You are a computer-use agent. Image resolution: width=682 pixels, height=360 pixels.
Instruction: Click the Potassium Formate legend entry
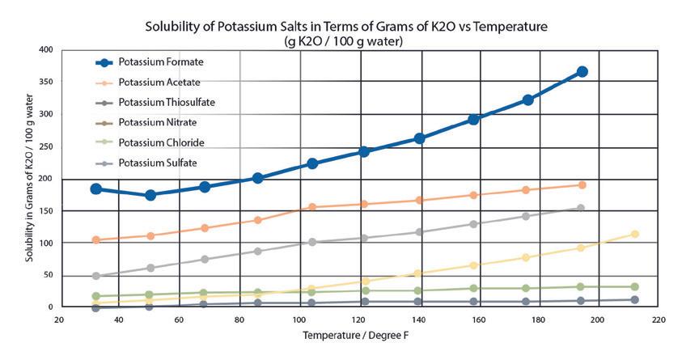pos(160,61)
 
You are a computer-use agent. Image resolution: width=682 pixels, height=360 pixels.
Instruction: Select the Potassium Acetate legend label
pos(159,83)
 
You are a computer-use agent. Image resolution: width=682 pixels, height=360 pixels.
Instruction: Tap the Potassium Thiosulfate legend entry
pos(167,103)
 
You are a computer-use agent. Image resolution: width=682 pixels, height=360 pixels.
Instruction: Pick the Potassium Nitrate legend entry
pos(157,123)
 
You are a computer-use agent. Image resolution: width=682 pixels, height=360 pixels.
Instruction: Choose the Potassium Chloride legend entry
pos(160,143)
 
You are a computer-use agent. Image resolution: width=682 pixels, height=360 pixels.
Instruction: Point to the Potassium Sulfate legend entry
pos(157,163)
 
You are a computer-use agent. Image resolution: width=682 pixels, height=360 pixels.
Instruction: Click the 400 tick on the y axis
pos(44,50)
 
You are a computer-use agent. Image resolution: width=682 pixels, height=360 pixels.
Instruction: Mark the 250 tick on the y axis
pos(44,146)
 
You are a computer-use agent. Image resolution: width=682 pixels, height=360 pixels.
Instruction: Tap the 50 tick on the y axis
pos(47,275)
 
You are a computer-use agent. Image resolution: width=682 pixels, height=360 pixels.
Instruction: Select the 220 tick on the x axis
pos(657,320)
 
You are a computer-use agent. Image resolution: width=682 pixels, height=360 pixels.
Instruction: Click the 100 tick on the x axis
pos(298,320)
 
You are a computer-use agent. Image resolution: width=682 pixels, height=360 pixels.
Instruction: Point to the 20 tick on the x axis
pos(59,320)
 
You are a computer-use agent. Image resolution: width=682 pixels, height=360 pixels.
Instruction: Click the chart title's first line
pos(346,27)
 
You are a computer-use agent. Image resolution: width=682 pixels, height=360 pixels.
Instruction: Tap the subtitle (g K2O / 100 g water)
pos(346,40)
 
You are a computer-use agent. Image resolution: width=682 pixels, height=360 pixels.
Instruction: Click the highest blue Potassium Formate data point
pos(582,72)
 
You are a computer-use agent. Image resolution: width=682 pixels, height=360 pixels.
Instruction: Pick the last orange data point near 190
pos(582,185)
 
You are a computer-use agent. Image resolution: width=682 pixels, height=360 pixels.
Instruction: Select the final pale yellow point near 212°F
pos(635,235)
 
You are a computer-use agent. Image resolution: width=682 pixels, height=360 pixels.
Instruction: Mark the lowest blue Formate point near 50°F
pos(150,195)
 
